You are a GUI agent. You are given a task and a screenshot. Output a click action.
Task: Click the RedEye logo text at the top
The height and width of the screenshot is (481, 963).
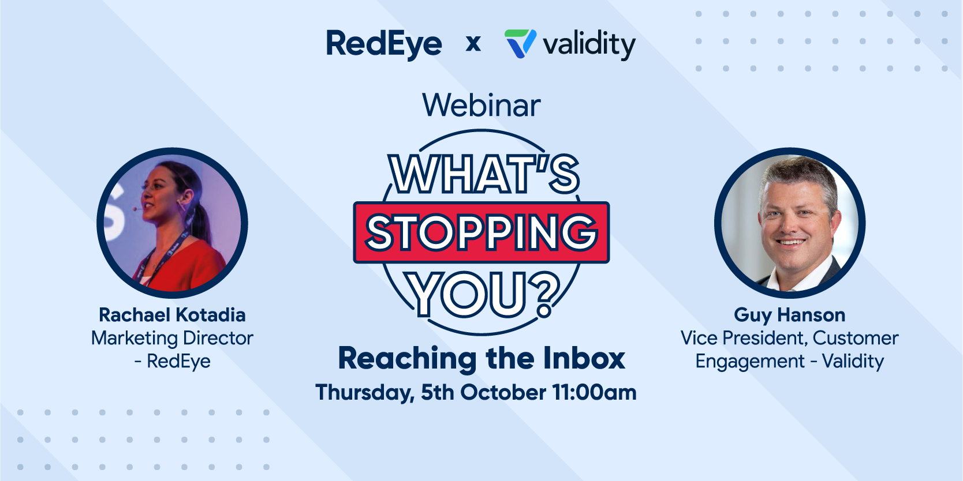click(384, 44)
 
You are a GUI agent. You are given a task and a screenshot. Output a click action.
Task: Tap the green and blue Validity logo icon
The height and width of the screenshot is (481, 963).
click(520, 43)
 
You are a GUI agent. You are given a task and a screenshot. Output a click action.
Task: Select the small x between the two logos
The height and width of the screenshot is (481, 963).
click(473, 44)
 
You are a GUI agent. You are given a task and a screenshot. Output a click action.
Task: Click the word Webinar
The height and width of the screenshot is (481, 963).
click(481, 105)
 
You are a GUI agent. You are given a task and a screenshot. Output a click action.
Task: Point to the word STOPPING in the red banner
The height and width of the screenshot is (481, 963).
click(481, 232)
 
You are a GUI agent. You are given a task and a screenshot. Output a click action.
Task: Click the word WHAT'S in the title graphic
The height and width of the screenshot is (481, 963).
click(484, 174)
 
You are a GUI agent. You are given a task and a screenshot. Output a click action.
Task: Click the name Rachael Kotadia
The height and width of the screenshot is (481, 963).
click(173, 315)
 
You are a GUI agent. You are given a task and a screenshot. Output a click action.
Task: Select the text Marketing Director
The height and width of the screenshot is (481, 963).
click(173, 339)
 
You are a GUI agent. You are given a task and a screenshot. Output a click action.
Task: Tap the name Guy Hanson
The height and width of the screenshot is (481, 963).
click(790, 315)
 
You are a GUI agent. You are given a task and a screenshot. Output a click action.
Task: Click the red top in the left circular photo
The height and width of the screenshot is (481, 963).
click(185, 268)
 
